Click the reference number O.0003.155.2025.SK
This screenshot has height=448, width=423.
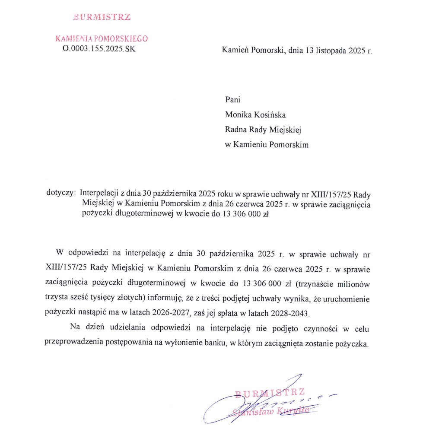coord(99,49)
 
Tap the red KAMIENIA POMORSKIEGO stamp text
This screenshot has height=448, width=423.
coord(102,38)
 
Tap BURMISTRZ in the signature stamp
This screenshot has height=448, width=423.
coord(270,393)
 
